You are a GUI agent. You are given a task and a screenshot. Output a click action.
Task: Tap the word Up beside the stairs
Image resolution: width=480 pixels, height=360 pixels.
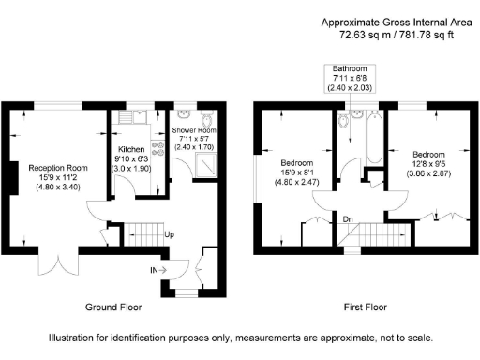[170, 234]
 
